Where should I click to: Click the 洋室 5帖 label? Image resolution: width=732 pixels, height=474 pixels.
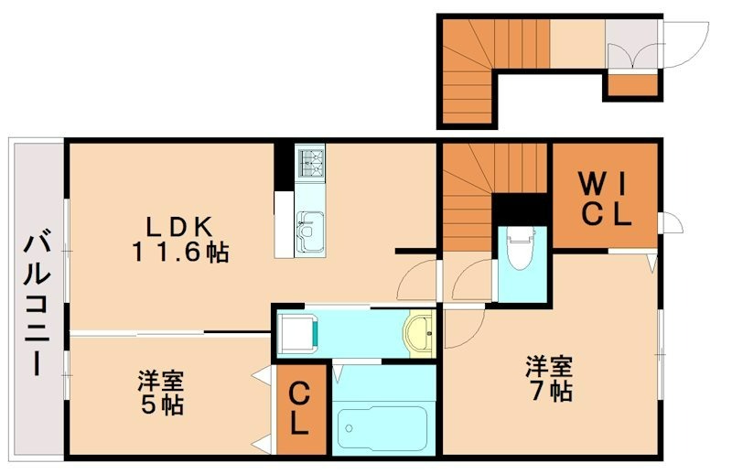click(x=161, y=391)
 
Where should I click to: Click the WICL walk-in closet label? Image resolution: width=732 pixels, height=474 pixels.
click(x=603, y=200)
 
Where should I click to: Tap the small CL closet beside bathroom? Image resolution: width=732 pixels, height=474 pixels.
click(x=301, y=409)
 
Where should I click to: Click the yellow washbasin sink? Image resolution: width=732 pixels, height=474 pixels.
click(x=421, y=333)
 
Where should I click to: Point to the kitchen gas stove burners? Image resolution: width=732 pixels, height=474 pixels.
click(x=310, y=162)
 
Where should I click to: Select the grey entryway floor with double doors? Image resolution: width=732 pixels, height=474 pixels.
click(x=631, y=43)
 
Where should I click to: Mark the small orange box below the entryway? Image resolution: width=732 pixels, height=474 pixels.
click(x=631, y=85)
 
